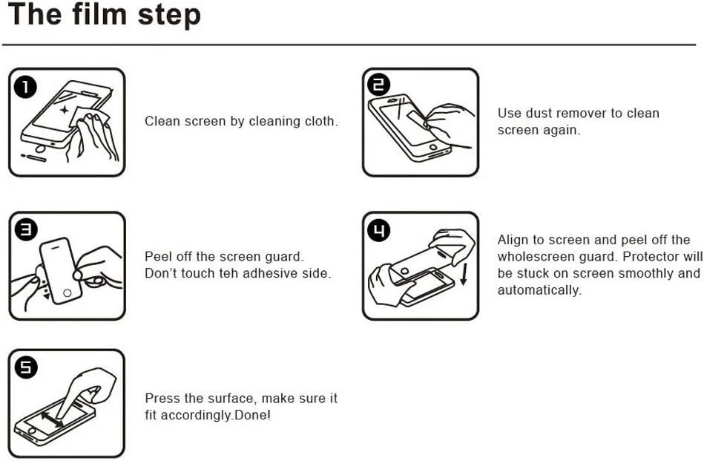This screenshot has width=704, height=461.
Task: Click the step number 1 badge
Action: point(25,88)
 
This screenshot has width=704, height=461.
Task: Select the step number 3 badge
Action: point(25,231)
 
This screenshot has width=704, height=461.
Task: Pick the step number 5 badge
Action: point(25,367)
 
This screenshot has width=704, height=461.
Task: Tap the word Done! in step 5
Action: point(253,415)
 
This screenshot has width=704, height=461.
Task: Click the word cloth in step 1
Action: point(320,121)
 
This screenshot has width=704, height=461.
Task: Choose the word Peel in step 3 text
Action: point(158,257)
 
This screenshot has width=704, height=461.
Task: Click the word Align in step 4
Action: point(514,241)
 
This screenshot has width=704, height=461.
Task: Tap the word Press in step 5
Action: point(162,399)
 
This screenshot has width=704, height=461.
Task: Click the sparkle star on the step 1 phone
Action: point(65,110)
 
